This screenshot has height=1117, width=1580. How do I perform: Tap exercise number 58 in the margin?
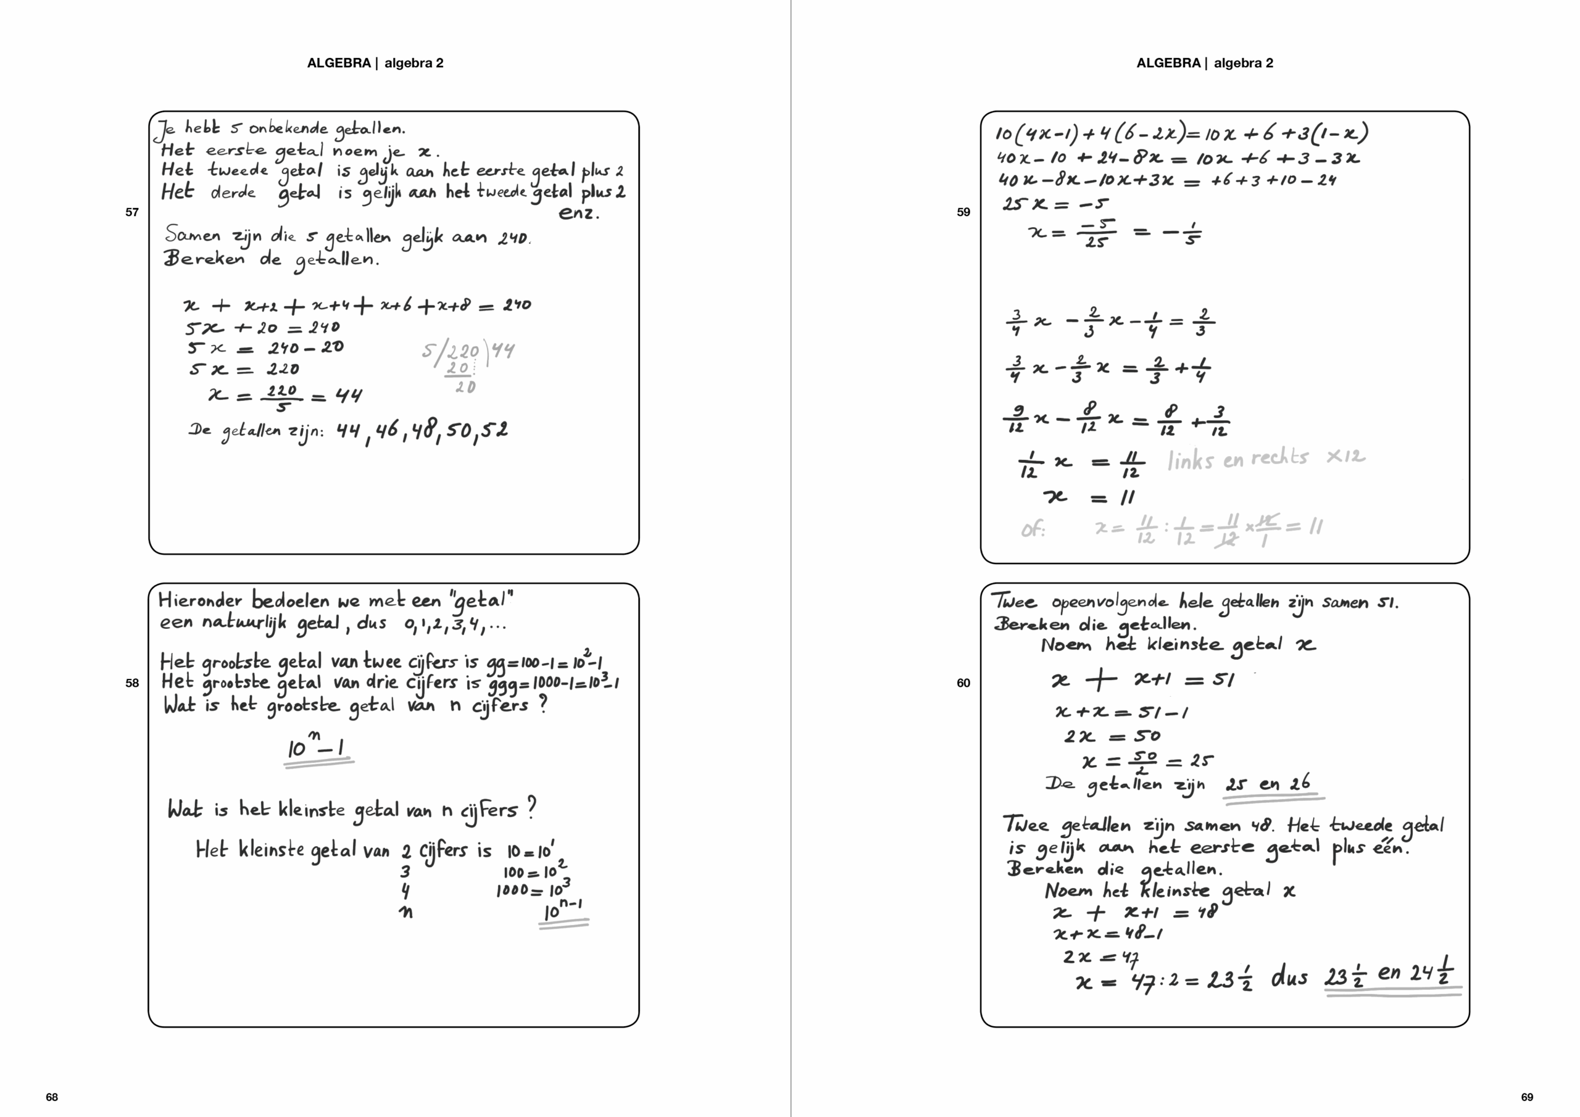[x=132, y=683]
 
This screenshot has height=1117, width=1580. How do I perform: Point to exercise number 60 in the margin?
[x=963, y=683]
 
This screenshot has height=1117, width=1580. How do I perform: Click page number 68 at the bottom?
[x=52, y=1097]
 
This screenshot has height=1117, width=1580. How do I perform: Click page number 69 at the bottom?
[x=1527, y=1097]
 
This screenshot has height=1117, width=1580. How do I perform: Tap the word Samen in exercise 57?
[x=192, y=235]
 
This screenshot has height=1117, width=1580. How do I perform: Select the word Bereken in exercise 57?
[x=204, y=259]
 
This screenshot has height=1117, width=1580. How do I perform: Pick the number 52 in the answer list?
[x=494, y=430]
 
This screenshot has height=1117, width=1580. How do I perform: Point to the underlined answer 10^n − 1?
[x=317, y=747]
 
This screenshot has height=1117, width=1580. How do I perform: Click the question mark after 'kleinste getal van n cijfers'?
[x=531, y=807]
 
